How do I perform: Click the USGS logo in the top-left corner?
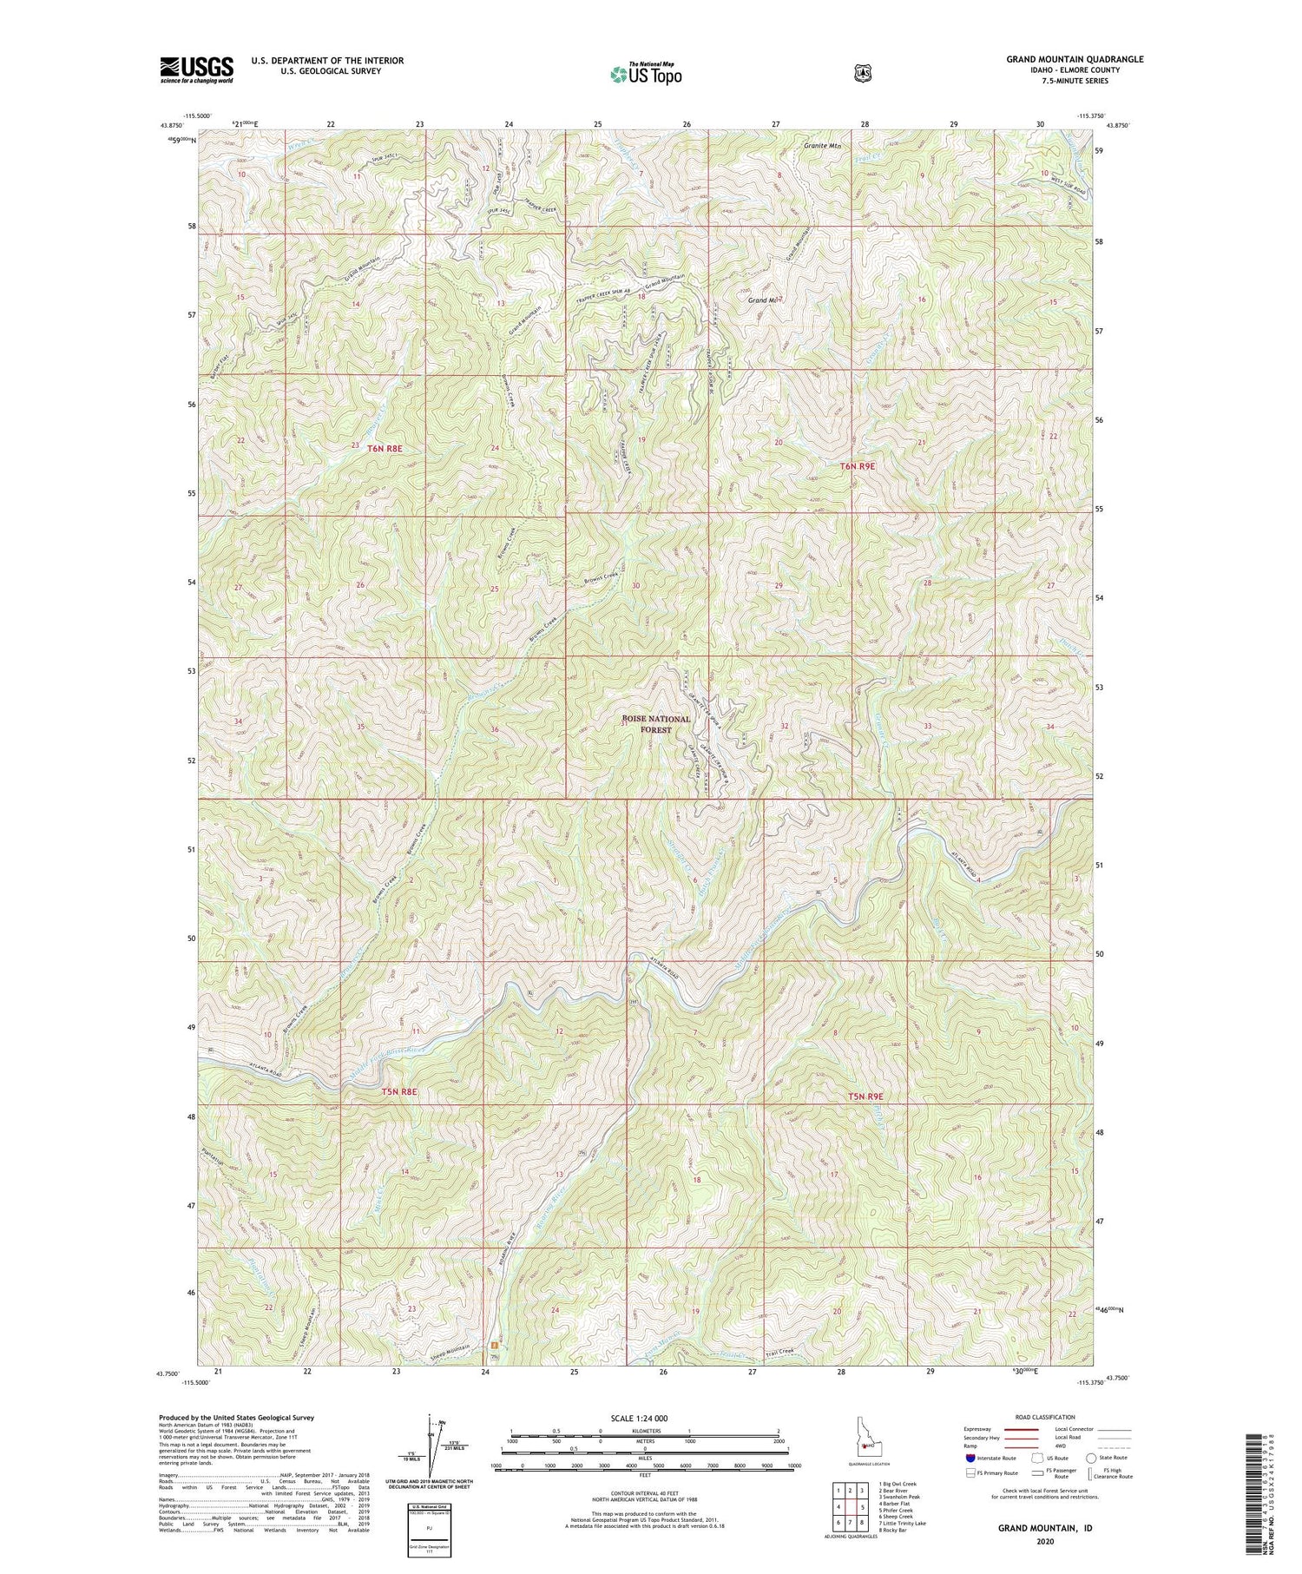[196, 69]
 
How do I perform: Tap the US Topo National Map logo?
[647, 74]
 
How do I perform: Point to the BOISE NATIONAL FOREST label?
[656, 724]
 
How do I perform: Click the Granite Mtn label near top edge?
[822, 145]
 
